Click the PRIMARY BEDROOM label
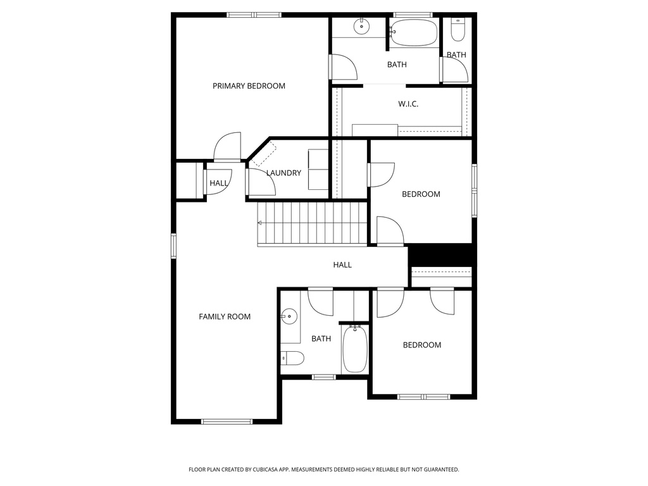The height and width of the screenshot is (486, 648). coord(249,86)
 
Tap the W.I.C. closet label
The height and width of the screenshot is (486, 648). coord(408,104)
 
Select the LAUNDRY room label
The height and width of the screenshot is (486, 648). coord(283,173)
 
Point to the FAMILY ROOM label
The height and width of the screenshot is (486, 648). coord(225,316)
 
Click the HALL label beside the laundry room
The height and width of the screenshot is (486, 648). coord(218,183)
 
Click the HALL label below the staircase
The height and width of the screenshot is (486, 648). coord(342,265)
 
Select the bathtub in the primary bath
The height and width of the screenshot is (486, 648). coord(413,32)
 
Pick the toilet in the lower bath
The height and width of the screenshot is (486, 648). coord(292,358)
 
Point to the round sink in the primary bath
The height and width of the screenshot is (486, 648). coord(362,26)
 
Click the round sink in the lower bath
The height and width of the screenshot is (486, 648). coord(290,316)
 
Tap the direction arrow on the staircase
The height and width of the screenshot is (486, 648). coord(260,223)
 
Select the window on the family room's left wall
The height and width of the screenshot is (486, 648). coord(173,246)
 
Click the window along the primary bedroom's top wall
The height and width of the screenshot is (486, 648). coord(254,15)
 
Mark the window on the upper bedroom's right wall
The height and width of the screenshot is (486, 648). coord(474,190)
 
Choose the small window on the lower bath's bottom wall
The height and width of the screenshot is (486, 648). coord(323,377)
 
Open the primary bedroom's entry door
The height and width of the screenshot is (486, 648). coord(228,149)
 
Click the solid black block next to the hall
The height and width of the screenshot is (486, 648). coord(442,254)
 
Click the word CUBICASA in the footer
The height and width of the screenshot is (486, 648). coord(263,470)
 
